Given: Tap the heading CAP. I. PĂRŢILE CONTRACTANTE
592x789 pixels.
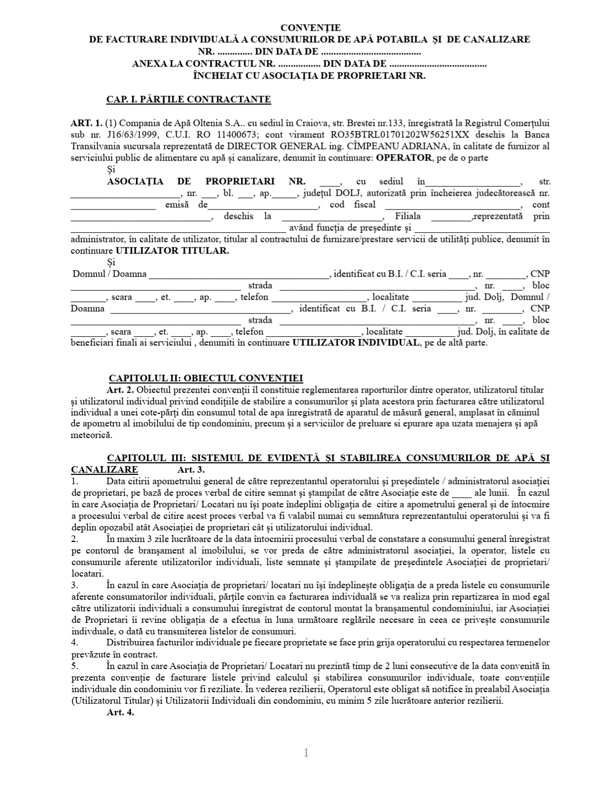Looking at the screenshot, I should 188,100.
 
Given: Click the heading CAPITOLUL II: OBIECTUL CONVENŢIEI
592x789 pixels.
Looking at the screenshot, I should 206,378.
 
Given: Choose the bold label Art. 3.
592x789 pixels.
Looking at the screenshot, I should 190,470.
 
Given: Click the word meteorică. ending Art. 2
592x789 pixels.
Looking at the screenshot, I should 91,435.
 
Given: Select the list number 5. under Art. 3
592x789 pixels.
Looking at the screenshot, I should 75,666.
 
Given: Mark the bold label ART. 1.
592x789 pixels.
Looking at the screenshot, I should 86,123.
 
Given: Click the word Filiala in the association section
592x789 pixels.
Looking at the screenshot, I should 408,216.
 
